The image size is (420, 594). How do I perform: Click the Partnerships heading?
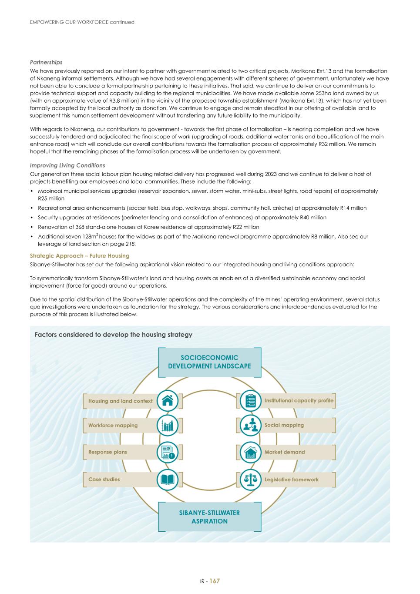pyautogui.click(x=46, y=62)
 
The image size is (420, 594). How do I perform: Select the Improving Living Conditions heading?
pyautogui.click(x=67, y=165)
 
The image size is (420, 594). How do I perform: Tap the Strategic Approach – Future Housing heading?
pyautogui.click(x=80, y=256)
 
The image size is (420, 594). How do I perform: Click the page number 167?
pyautogui.click(x=215, y=581)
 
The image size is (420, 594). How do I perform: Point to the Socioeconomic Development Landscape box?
pyautogui.click(x=209, y=362)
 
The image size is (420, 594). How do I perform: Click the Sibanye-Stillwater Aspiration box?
pyautogui.click(x=209, y=517)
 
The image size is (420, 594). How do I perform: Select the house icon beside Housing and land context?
pyautogui.click(x=167, y=401)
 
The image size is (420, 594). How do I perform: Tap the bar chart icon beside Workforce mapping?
pyautogui.click(x=167, y=425)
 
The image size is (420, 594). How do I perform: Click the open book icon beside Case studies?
pyautogui.click(x=167, y=480)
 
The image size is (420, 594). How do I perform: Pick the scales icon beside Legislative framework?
pyautogui.click(x=251, y=480)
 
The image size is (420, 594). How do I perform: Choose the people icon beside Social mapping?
pyautogui.click(x=251, y=425)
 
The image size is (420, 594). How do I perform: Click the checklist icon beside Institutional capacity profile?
pyautogui.click(x=251, y=401)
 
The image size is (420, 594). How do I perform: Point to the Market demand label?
pyautogui.click(x=285, y=452)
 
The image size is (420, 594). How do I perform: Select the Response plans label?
pyautogui.click(x=108, y=452)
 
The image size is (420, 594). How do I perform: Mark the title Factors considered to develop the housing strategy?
pyautogui.click(x=113, y=335)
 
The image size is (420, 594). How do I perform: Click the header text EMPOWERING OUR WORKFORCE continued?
pyautogui.click(x=82, y=22)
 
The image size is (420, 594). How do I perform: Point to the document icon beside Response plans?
pyautogui.click(x=167, y=452)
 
